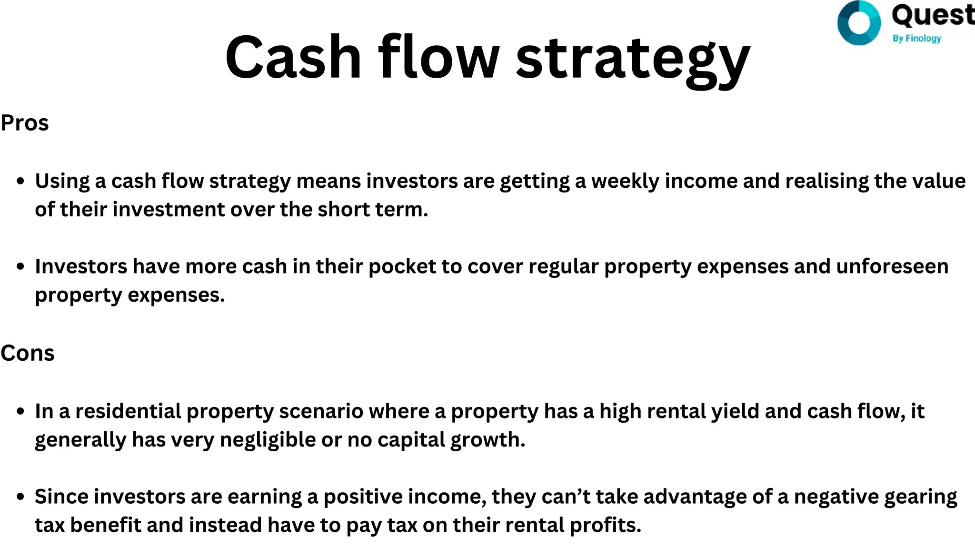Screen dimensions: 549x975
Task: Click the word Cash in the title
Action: (x=293, y=57)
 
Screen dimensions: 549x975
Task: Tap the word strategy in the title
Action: (x=633, y=60)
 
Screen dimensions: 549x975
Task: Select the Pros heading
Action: (x=25, y=123)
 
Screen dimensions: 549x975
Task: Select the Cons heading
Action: (x=28, y=353)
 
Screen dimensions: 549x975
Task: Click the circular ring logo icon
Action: (x=859, y=23)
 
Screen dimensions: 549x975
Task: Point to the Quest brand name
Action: (x=932, y=15)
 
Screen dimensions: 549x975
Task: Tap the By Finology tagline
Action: (x=917, y=38)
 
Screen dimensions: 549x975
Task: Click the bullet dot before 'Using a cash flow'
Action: (x=20, y=182)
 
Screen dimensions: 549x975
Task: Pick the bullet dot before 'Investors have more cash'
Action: (x=20, y=267)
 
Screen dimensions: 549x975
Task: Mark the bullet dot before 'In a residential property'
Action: (x=20, y=411)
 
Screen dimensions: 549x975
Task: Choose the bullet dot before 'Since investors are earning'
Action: (x=20, y=497)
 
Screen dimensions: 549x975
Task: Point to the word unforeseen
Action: (x=892, y=266)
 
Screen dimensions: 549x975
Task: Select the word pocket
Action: (x=402, y=267)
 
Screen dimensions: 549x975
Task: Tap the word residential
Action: (x=128, y=411)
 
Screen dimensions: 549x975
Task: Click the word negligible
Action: (x=268, y=440)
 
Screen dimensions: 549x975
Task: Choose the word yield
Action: (x=736, y=412)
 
